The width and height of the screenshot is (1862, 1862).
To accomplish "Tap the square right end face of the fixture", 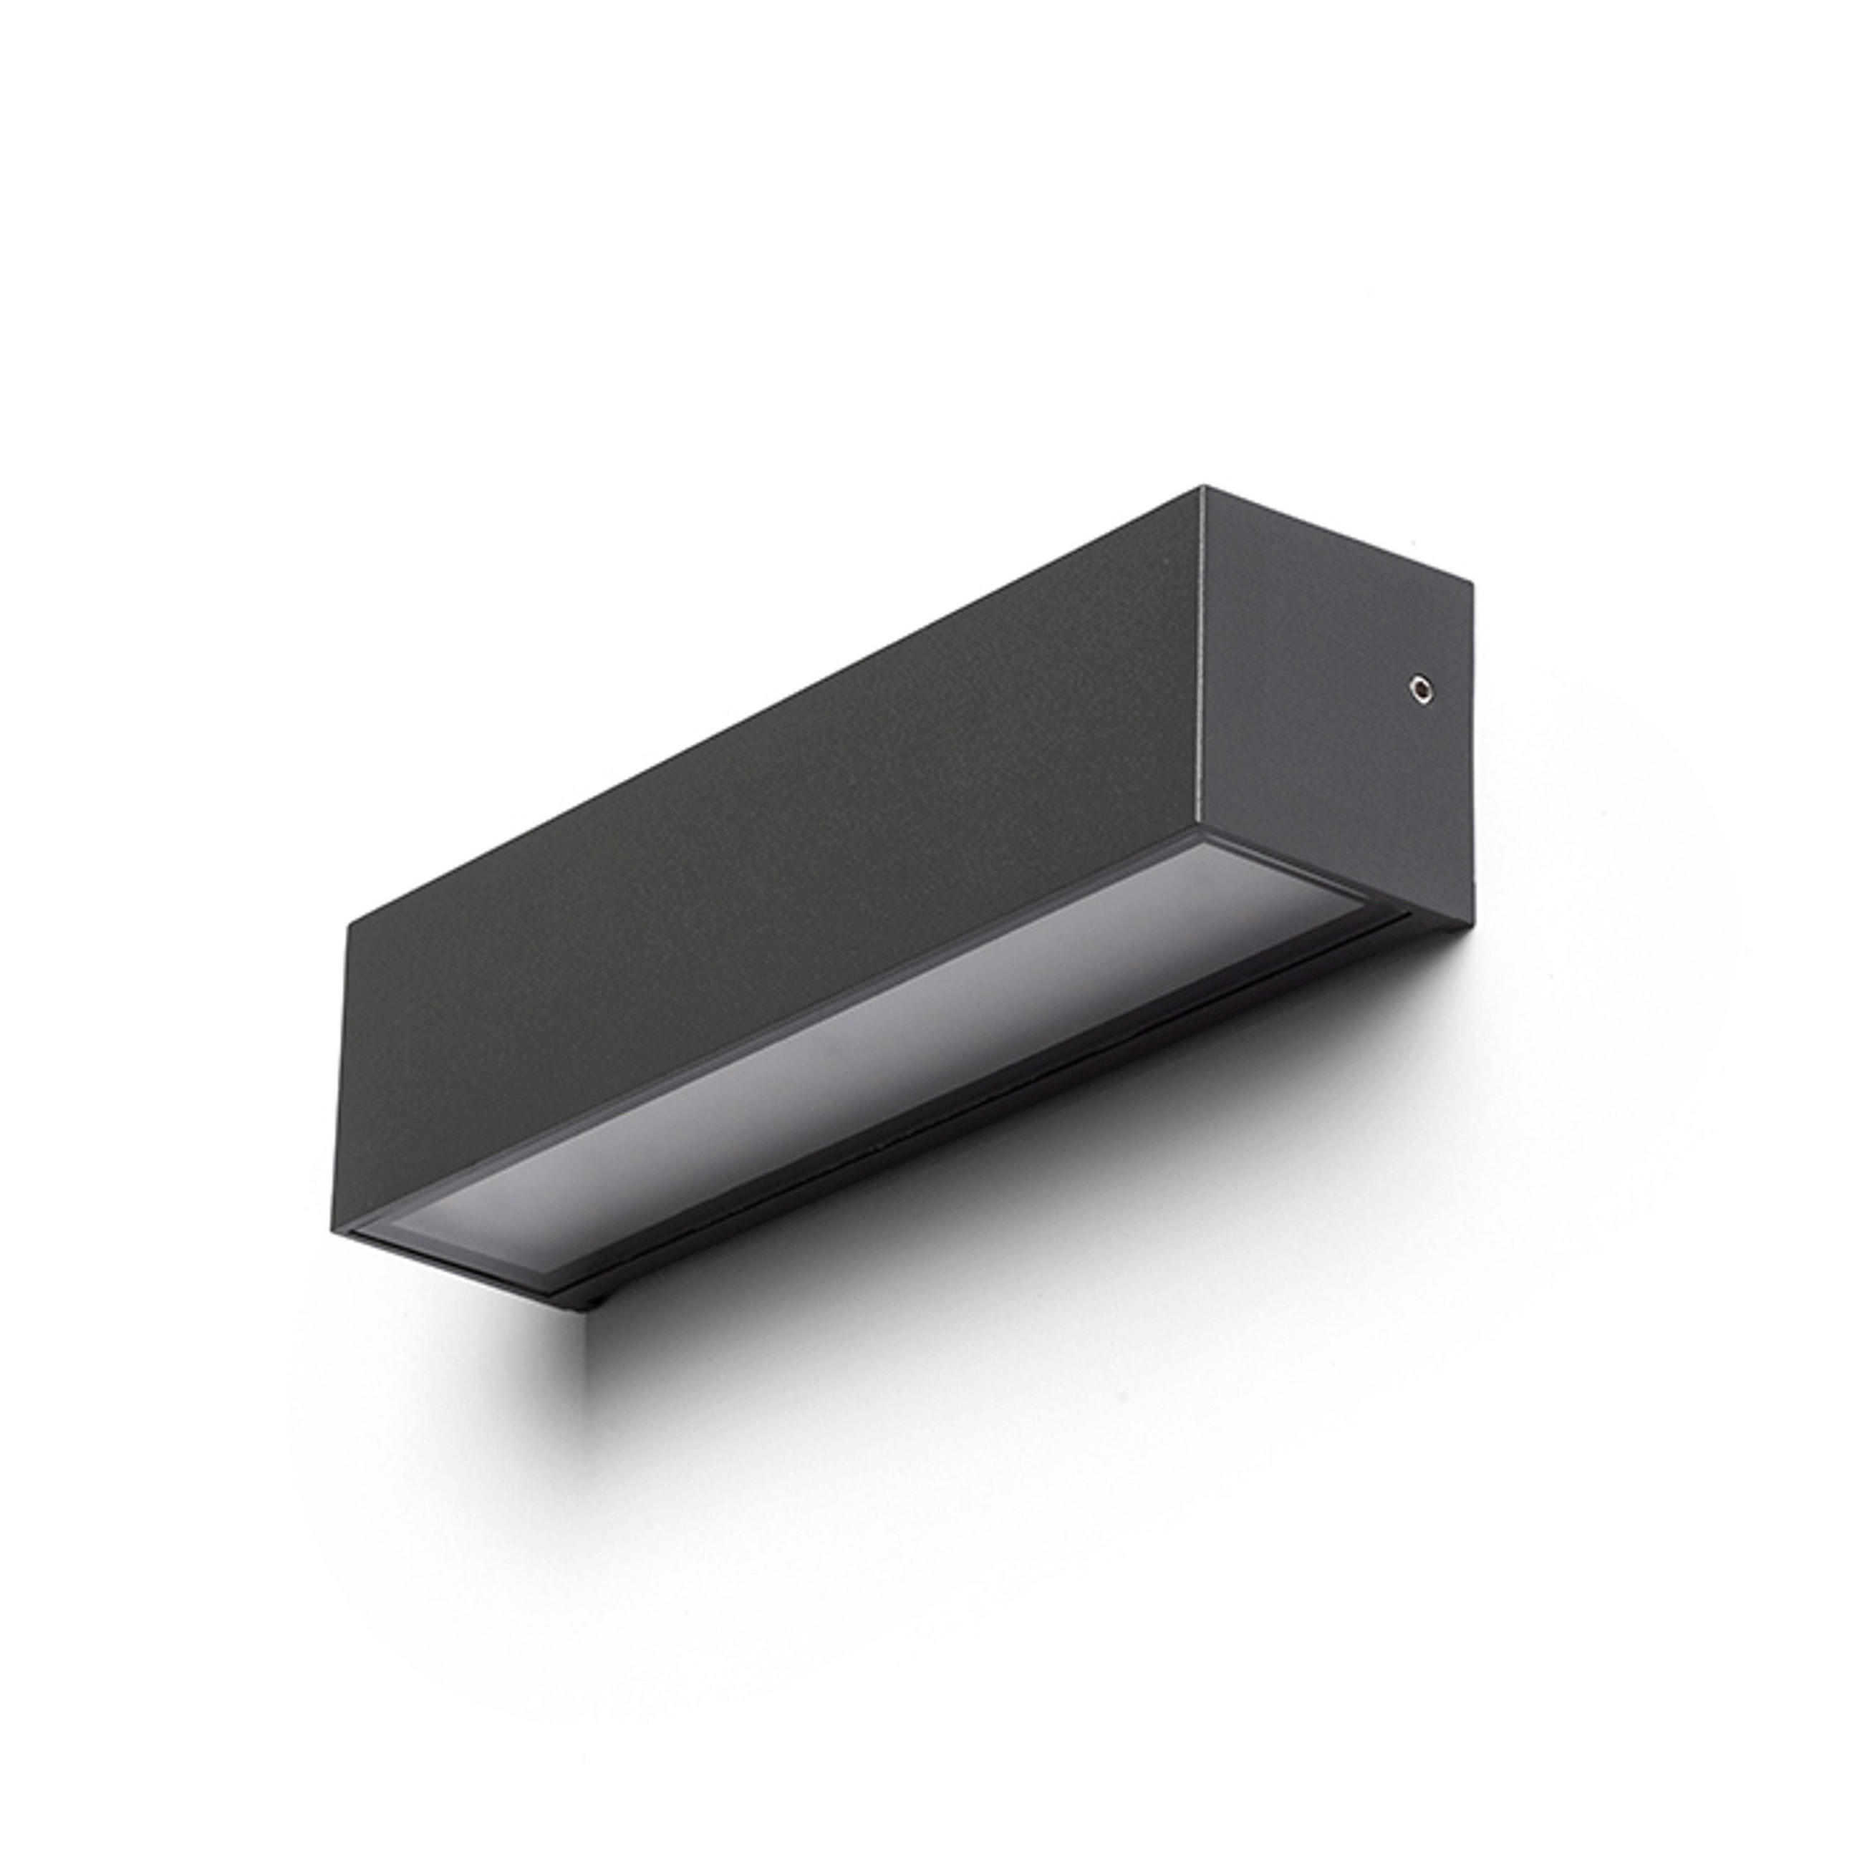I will [x=1335, y=694].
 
